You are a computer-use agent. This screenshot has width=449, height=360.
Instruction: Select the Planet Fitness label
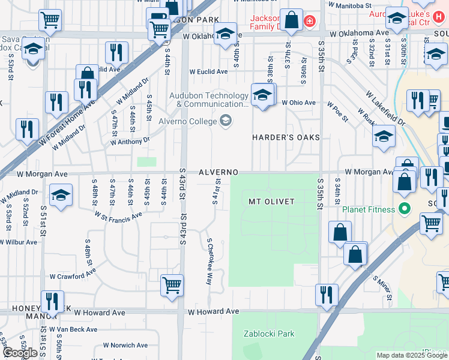pyautogui.click(x=369, y=209)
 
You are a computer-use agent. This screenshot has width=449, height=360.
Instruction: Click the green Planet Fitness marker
pyautogui.click(x=405, y=209)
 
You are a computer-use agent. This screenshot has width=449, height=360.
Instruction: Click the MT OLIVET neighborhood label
pyautogui.click(x=271, y=202)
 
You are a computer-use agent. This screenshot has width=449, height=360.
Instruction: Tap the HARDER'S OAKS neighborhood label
pyautogui.click(x=286, y=137)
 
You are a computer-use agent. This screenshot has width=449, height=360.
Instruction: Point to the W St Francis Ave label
pyautogui.click(x=119, y=214)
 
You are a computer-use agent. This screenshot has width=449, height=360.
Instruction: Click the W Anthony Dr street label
pyautogui.click(x=130, y=142)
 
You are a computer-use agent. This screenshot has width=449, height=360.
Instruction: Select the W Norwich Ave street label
pyautogui.click(x=125, y=345)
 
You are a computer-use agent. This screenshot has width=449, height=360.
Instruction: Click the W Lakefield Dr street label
pyautogui.click(x=385, y=108)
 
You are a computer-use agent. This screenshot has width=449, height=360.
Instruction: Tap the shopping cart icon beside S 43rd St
pyautogui.click(x=172, y=284)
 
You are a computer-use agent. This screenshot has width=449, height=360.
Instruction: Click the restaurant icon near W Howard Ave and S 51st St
pyautogui.click(x=52, y=300)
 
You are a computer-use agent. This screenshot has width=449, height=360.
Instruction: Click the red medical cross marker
pyautogui.click(x=309, y=22)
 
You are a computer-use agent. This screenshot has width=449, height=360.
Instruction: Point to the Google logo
pyautogui.click(x=20, y=353)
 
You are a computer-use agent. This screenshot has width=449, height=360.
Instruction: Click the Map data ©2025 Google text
pyautogui.click(x=411, y=355)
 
